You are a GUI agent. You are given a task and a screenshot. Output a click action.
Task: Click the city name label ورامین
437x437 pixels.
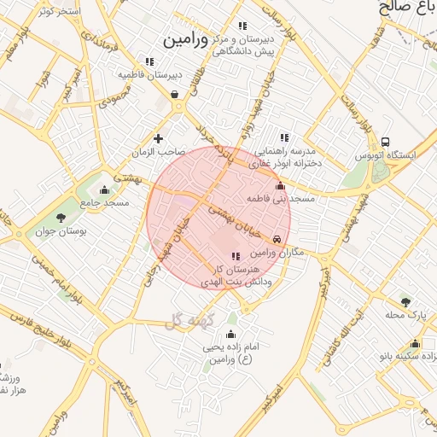click(184, 40)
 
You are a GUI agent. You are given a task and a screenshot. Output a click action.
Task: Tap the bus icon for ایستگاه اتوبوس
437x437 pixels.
click(386, 142)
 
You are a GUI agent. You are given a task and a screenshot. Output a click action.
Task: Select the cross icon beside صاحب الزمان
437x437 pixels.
click(158, 138)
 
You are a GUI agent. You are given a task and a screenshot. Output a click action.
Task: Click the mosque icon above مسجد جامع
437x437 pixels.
click(105, 189)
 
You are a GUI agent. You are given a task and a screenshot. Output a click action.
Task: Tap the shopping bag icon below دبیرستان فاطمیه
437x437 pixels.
click(175, 94)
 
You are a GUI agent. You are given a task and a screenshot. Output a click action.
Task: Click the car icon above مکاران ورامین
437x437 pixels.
click(278, 240)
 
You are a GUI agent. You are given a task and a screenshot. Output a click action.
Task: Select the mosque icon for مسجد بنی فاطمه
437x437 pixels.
click(280, 185)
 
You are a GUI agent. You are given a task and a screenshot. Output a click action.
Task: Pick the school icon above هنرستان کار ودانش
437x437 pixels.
click(236, 256)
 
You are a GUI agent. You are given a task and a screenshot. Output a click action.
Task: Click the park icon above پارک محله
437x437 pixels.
click(405, 301)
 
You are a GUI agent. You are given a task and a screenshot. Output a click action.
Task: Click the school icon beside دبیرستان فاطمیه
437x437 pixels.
click(150, 61)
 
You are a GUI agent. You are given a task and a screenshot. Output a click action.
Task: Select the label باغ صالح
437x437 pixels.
click(398, 9)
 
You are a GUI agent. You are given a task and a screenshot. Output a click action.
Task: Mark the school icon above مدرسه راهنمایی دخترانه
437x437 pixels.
click(284, 137)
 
